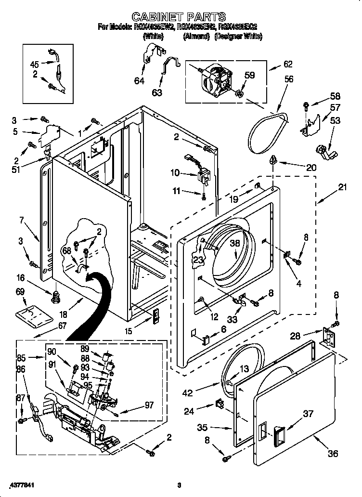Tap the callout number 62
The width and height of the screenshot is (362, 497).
coord(287,64)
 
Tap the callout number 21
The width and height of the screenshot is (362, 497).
coord(342,187)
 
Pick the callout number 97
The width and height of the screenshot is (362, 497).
coord(149,405)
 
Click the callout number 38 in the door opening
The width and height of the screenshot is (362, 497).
coord(234,244)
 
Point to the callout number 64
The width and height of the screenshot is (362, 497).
coord(139,81)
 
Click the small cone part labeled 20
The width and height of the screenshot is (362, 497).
coord(273,159)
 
